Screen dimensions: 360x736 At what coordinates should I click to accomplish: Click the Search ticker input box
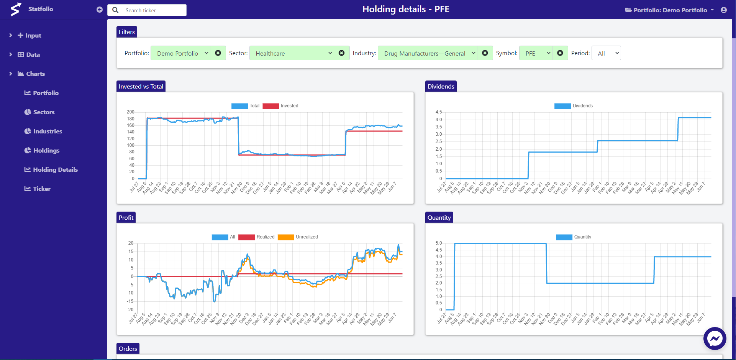153,10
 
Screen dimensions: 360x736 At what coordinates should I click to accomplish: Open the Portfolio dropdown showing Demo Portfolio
180,53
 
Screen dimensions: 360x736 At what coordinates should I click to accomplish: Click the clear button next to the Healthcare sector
341,53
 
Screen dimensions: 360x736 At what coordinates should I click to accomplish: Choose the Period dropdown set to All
606,53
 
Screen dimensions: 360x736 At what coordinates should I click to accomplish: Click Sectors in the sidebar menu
44,112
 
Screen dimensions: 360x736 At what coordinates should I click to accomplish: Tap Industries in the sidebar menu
48,132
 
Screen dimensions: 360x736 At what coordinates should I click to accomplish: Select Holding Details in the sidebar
55,170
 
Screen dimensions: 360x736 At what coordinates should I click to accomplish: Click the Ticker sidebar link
41,189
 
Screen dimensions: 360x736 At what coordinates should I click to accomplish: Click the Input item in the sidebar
33,36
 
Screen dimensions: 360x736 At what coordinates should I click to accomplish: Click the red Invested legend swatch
270,106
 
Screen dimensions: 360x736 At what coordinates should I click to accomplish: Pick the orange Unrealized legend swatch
286,237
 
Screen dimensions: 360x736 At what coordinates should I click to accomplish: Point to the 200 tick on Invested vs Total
131,112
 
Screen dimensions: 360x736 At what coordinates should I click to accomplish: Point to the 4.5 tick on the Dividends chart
439,112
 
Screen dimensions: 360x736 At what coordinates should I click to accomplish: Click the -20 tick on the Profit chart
131,310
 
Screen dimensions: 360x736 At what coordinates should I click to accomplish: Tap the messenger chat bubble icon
715,339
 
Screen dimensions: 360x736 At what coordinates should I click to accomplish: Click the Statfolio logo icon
16,9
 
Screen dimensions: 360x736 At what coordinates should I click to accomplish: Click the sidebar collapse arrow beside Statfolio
100,10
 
